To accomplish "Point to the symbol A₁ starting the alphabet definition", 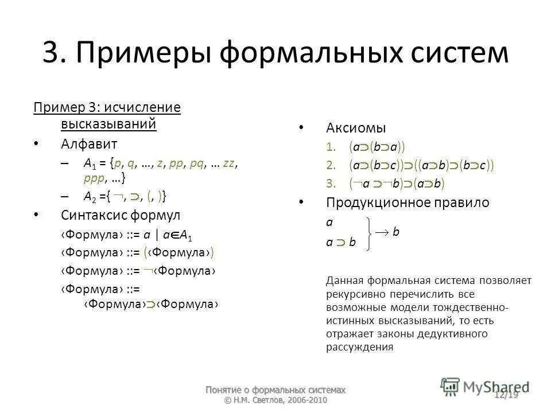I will [x=90, y=163].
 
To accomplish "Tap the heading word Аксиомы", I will [x=356, y=127].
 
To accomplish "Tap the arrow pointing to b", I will [x=382, y=232].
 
